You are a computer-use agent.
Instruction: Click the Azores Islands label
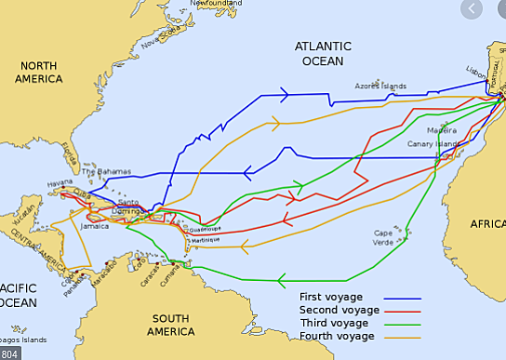[x=380, y=87]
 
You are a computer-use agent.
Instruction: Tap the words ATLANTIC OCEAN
[x=323, y=53]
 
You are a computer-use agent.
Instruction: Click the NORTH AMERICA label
[x=38, y=72]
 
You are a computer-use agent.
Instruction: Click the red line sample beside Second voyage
[x=403, y=312]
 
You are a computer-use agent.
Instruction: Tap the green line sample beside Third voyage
[x=403, y=324]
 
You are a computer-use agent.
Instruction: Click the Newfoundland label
[x=220, y=4]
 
